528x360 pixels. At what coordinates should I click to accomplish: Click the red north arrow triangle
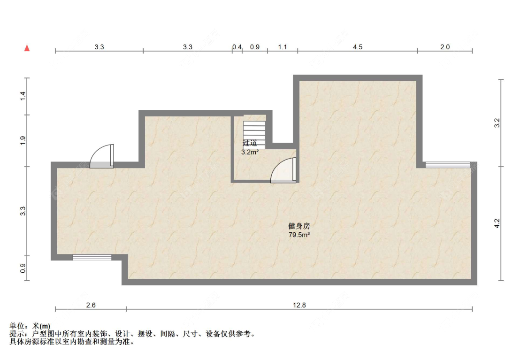click(x=27, y=48)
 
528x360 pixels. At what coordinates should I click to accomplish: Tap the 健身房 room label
click(x=299, y=226)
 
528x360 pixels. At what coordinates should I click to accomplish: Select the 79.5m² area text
click(x=299, y=235)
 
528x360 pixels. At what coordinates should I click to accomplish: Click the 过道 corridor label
click(x=250, y=143)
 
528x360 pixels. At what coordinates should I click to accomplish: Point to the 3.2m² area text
click(x=250, y=152)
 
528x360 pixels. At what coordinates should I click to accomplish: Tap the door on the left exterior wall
click(x=102, y=156)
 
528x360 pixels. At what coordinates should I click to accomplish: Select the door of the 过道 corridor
click(x=283, y=170)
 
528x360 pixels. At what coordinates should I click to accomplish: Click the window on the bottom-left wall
click(x=92, y=257)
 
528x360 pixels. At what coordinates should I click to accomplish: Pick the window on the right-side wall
click(x=448, y=165)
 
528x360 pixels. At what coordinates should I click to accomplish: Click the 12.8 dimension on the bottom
click(x=299, y=305)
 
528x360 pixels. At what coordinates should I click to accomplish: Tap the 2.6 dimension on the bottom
click(x=91, y=305)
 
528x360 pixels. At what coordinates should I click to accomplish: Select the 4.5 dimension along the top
click(x=358, y=47)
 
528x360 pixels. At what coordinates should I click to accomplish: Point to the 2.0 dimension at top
click(x=445, y=47)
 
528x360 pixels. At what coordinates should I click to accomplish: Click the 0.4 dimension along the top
click(x=237, y=47)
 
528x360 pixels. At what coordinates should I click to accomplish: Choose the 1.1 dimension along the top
click(x=283, y=47)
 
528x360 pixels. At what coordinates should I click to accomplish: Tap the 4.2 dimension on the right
click(x=497, y=223)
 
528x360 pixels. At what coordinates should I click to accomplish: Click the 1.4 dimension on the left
click(x=23, y=96)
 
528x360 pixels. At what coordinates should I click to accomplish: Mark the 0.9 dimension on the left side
click(x=23, y=268)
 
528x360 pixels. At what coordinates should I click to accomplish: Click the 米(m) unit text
click(x=41, y=326)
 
